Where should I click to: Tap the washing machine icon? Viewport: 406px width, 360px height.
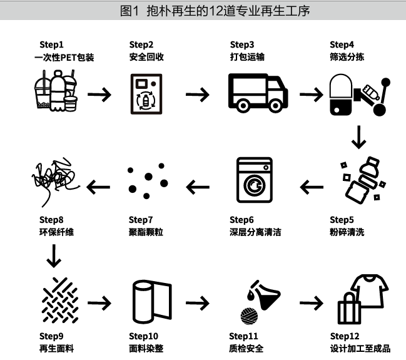(x=254, y=183)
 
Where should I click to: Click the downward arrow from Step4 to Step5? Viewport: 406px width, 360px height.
(x=358, y=137)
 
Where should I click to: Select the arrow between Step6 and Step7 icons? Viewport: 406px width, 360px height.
(x=198, y=186)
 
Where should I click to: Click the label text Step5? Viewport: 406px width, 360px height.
(x=342, y=220)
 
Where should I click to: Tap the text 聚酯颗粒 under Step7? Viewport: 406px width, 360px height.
(x=145, y=232)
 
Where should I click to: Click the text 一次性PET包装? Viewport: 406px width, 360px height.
(x=63, y=57)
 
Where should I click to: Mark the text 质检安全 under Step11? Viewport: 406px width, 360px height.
(x=246, y=348)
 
